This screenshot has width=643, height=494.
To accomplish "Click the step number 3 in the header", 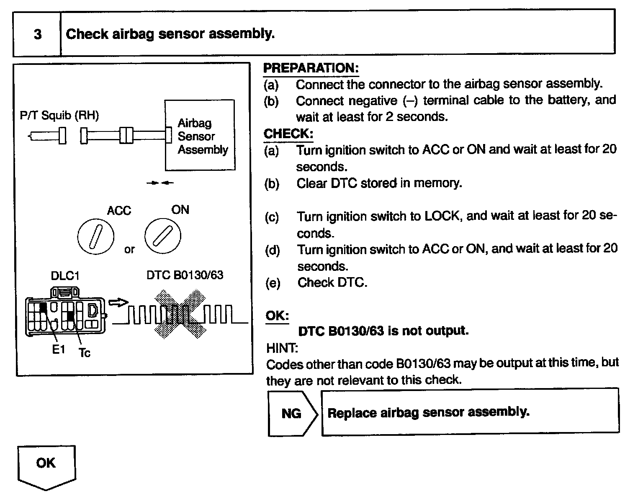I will pyautogui.click(x=38, y=34).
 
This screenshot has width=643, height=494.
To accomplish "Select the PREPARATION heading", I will pyautogui.click(x=311, y=68).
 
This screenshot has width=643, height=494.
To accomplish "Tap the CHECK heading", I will pyautogui.click(x=288, y=134).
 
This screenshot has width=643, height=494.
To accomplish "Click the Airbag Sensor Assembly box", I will pyautogui.click(x=200, y=135).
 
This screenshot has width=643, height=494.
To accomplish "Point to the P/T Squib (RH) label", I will pyautogui.click(x=59, y=116).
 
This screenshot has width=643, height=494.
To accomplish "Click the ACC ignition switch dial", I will pyautogui.click(x=95, y=236).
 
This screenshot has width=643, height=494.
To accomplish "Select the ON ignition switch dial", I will pyautogui.click(x=162, y=236).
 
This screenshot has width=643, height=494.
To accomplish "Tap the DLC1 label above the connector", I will pyautogui.click(x=65, y=276).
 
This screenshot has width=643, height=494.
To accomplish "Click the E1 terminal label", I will pyautogui.click(x=59, y=349).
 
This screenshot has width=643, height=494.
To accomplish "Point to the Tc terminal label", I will pyautogui.click(x=85, y=353).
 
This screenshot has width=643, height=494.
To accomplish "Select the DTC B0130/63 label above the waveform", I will pyautogui.click(x=185, y=275).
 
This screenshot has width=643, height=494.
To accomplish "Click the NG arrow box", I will pyautogui.click(x=292, y=413).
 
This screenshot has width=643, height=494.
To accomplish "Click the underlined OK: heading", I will pyautogui.click(x=277, y=315).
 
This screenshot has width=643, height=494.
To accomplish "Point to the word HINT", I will pyautogui.click(x=282, y=347).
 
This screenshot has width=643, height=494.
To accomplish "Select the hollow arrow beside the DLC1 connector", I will pyautogui.click(x=118, y=302).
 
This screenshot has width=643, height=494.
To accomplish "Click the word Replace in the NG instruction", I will pyautogui.click(x=352, y=413).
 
